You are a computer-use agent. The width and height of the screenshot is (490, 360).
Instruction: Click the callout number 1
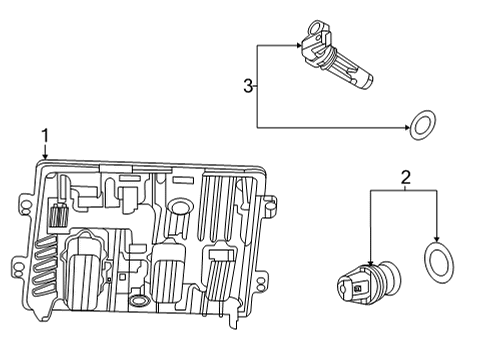[x=44, y=134]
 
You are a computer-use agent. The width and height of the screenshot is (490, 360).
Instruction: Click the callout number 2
[x=405, y=179]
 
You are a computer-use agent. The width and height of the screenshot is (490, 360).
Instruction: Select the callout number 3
[x=248, y=87]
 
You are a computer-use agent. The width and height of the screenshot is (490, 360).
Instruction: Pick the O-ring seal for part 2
[x=437, y=263]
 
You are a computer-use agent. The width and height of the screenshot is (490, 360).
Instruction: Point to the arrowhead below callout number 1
[x=44, y=157]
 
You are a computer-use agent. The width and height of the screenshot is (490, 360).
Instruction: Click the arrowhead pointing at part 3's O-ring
[x=407, y=127]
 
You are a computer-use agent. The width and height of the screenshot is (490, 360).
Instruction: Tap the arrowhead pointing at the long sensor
[x=301, y=44]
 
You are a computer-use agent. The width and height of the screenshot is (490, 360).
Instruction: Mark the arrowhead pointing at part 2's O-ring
[x=437, y=241]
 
